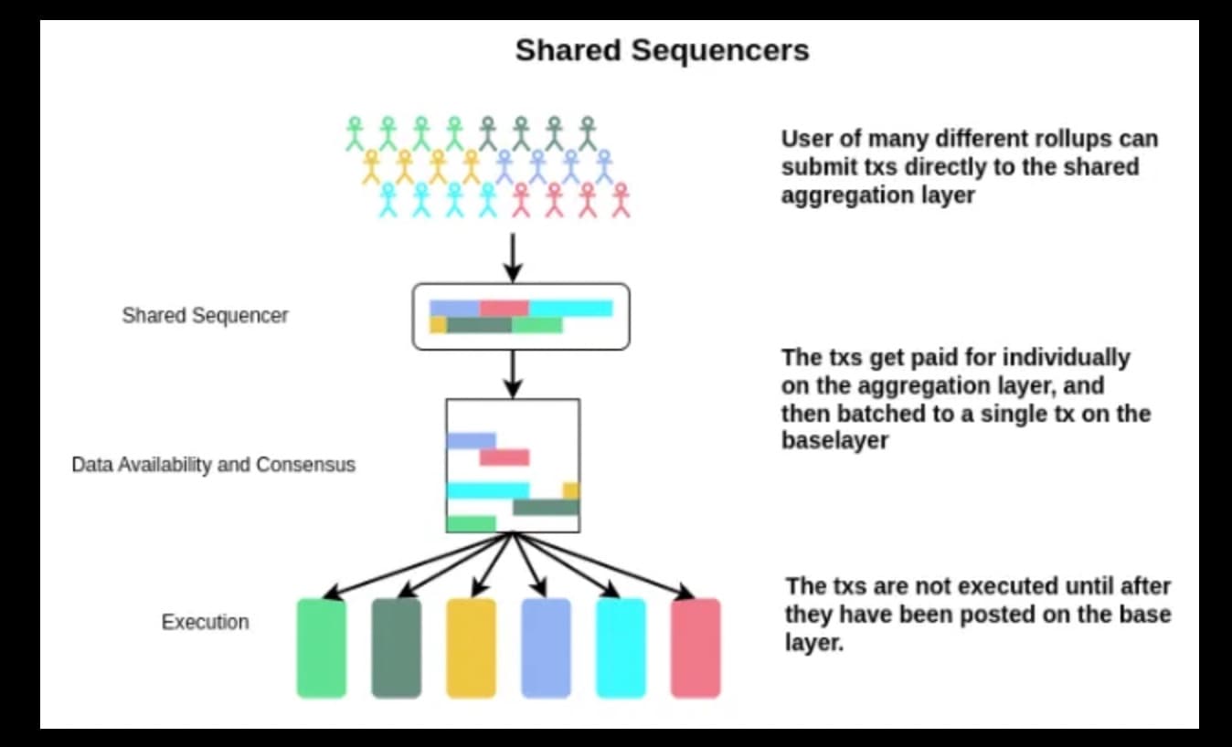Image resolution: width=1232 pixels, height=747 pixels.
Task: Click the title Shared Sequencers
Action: coord(662,50)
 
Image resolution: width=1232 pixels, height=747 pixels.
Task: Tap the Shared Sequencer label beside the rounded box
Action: coord(205,316)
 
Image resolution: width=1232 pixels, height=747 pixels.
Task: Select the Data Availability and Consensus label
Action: coord(213,465)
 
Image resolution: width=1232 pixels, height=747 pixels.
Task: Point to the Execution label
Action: coord(205,622)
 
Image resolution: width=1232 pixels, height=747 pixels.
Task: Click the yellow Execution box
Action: coord(471,647)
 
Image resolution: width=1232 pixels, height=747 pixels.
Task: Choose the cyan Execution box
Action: coord(621,647)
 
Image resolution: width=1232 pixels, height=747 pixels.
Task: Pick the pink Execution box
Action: coord(696,647)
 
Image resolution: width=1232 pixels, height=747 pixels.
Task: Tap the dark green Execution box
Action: coord(396,647)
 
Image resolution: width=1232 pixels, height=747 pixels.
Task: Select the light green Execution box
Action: coord(322,647)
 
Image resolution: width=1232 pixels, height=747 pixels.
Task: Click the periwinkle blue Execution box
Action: coord(546,647)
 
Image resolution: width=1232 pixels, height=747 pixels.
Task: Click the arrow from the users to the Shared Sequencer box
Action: coord(514,257)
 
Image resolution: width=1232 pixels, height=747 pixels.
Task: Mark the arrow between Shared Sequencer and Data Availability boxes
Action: coord(514,373)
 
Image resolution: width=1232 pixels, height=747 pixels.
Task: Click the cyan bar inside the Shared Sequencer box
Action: coord(570,309)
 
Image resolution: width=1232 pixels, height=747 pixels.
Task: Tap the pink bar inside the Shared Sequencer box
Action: coord(504,309)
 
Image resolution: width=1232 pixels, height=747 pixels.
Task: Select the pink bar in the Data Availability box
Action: coord(504,458)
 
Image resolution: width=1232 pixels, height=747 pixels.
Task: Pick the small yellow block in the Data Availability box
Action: coord(571,490)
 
